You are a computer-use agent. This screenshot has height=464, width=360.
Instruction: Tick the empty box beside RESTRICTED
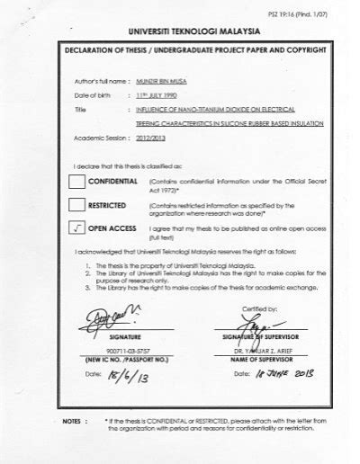click(x=69, y=208)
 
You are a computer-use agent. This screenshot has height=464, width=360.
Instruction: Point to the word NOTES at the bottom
click(x=66, y=420)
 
